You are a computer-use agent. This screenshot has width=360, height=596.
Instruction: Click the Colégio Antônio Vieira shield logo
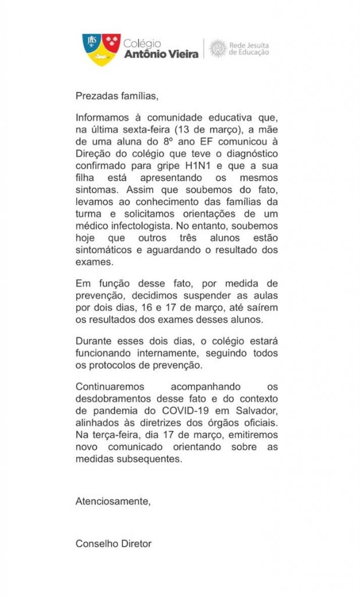click(101, 49)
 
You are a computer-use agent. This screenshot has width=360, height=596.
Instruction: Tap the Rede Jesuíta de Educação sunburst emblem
click(218, 48)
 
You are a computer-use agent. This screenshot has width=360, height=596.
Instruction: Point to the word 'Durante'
click(92, 341)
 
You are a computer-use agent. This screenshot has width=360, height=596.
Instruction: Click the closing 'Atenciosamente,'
click(113, 501)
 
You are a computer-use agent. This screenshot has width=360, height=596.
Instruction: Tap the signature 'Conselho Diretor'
click(113, 544)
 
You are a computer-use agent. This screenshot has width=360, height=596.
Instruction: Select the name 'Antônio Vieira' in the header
click(161, 54)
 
